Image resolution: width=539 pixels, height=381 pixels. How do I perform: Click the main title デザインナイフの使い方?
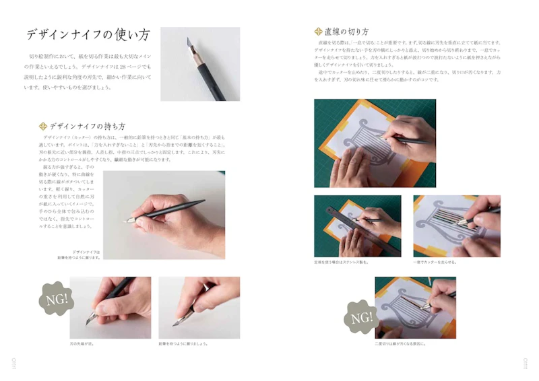pos(88,35)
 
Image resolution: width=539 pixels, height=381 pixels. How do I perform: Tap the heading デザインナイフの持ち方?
pos(87,126)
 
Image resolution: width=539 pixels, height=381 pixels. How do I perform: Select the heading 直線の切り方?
pos(346,32)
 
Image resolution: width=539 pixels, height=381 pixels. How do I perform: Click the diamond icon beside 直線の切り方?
pos(318,32)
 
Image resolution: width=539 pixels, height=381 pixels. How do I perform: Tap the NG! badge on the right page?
pos(360,317)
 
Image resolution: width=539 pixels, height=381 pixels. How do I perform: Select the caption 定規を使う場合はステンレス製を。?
pos(344,262)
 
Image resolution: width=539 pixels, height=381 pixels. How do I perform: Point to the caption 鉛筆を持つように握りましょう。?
pos(183,344)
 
